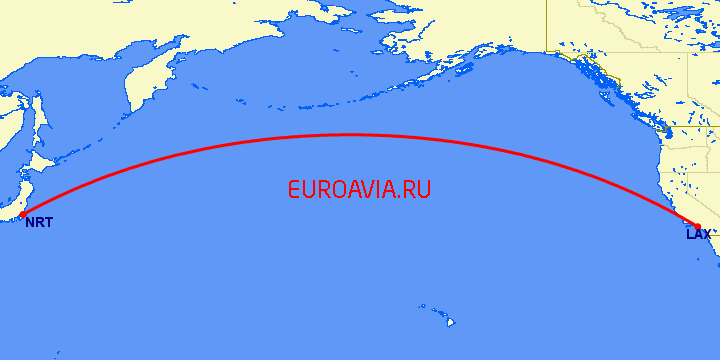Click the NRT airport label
coord(38,222)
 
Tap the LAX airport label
coord(697,235)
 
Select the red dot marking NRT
coord(22,214)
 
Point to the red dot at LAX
coord(698,227)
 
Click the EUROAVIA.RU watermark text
coord(359,189)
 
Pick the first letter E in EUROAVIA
coord(294,189)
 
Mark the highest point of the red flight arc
coord(350,135)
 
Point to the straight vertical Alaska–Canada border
coord(546,20)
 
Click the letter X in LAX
coord(706,235)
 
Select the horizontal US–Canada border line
coord(690,127)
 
